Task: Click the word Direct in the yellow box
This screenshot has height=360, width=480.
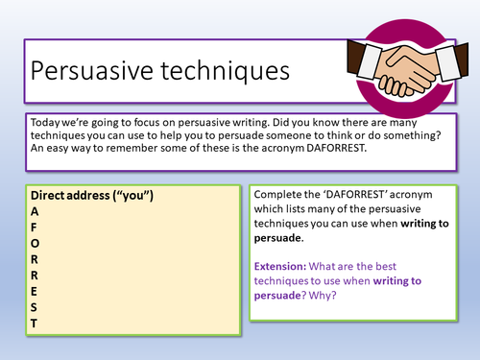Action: (x=50, y=197)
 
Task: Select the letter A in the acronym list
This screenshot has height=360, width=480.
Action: (x=36, y=211)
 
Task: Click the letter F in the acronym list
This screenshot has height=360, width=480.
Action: (x=35, y=227)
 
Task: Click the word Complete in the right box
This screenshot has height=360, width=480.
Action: (x=282, y=195)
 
